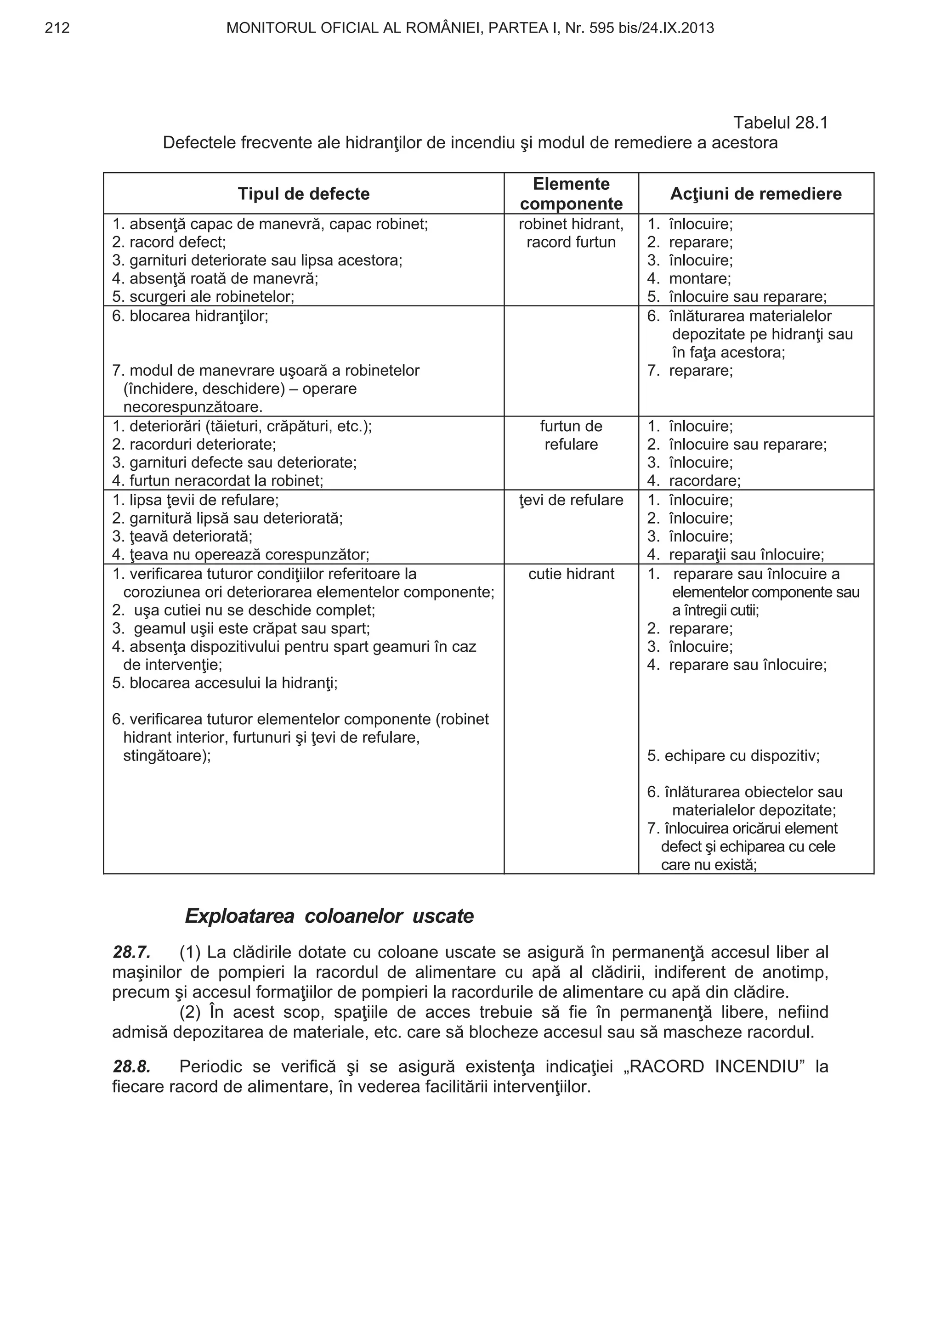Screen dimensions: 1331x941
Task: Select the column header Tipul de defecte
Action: (303, 194)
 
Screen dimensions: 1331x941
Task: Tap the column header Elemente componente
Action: (571, 194)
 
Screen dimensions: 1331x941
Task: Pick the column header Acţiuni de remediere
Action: (755, 194)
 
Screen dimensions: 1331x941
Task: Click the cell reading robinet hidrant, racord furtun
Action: (571, 233)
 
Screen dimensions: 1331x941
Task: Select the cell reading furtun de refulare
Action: (571, 435)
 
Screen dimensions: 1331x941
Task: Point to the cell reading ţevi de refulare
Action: (571, 500)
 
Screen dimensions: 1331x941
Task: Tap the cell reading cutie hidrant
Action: (571, 574)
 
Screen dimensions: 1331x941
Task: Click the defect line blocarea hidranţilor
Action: (190, 316)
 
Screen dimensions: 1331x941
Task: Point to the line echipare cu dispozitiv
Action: (733, 756)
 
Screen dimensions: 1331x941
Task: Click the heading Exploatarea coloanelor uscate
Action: (329, 916)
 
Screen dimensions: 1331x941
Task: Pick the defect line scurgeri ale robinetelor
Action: (204, 297)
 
